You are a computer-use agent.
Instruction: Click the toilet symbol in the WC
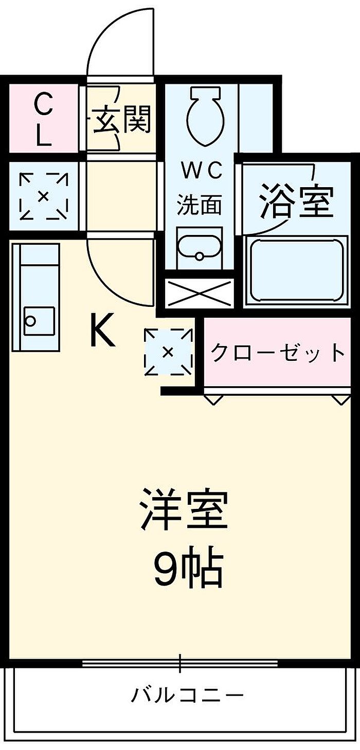pyautogui.click(x=204, y=117)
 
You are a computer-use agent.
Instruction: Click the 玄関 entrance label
pyautogui.click(x=121, y=119)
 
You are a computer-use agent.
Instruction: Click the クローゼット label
pyautogui.click(x=278, y=352)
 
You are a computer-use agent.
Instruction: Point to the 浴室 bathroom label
pyautogui.click(x=297, y=200)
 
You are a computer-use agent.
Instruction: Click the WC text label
pyautogui.click(x=202, y=171)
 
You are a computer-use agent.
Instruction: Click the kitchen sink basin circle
pyautogui.click(x=30, y=321)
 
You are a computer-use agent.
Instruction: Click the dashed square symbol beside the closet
pyautogui.click(x=169, y=352)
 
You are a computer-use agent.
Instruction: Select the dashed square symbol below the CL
pyautogui.click(x=44, y=196)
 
